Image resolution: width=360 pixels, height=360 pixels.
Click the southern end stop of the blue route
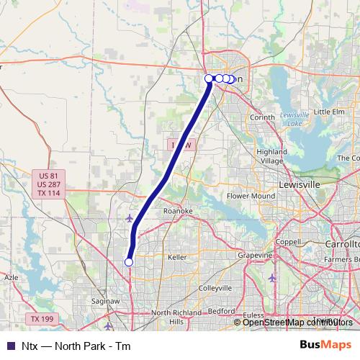pos(129,262)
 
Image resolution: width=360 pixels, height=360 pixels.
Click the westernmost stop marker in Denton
pos(209,78)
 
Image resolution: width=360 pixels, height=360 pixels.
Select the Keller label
pos(177,257)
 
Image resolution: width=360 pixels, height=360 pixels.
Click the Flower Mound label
pos(251,196)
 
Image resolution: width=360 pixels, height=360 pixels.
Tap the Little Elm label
pos(329,112)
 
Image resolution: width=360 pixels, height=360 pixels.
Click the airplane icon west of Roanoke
pos(129,217)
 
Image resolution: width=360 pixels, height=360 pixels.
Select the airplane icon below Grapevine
pos(271,277)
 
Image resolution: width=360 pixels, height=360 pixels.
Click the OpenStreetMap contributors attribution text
pos(296,322)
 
